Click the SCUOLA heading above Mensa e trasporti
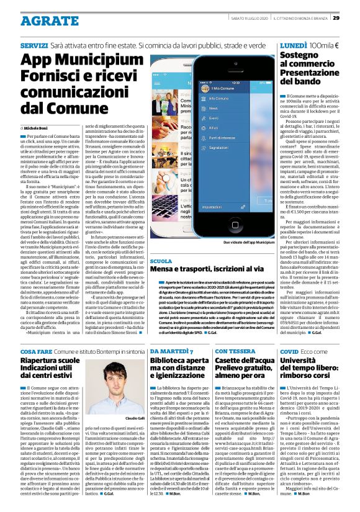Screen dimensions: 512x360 [x=161, y=262]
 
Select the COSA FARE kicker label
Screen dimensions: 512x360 [x=35, y=351]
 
